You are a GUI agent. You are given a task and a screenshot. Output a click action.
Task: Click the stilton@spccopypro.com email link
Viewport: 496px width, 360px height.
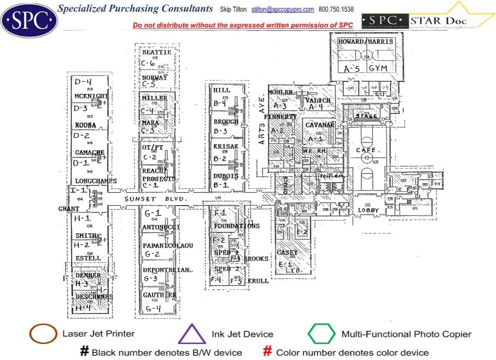[283, 9]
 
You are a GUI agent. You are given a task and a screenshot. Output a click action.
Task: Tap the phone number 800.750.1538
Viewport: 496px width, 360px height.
[336, 9]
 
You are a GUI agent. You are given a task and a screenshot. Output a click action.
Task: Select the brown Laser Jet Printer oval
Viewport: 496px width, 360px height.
[43, 334]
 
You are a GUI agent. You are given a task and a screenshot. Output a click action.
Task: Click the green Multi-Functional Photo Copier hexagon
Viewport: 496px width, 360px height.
[322, 334]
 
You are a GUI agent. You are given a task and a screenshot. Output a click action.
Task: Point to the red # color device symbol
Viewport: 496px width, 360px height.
[268, 352]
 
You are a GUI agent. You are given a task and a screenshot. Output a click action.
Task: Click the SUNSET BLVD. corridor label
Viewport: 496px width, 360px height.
[156, 199]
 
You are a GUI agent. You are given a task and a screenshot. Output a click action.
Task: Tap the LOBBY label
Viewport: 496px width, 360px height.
[366, 210]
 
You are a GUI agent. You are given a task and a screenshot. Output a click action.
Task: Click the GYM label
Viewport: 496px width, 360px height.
[377, 68]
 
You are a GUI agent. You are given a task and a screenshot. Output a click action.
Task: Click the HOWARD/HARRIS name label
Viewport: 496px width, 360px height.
[366, 42]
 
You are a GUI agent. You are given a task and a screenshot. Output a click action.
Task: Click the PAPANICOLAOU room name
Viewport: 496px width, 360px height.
[168, 246]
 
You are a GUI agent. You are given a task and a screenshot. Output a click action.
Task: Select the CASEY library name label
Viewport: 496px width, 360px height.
[287, 253]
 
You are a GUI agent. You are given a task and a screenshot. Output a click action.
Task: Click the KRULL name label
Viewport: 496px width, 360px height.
[258, 281]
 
